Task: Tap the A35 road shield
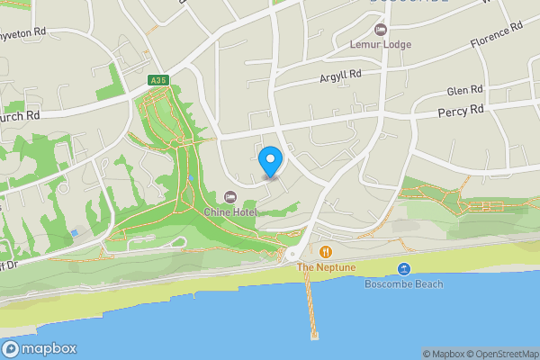(x=158, y=81)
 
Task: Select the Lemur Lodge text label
(x=380, y=43)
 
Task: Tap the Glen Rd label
(x=464, y=91)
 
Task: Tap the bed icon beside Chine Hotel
(x=229, y=197)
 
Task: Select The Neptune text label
(x=326, y=268)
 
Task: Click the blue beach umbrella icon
(x=404, y=269)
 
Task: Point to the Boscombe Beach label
(x=404, y=284)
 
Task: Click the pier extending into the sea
(x=311, y=306)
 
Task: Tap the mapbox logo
(x=39, y=349)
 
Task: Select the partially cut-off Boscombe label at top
(x=408, y=3)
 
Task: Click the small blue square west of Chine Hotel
(x=74, y=232)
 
